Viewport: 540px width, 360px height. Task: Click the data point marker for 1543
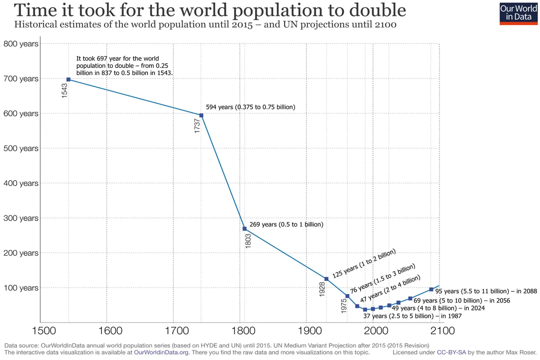coord(68,79)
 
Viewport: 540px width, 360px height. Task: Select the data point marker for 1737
coord(201,115)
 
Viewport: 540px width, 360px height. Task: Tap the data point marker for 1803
coord(244,229)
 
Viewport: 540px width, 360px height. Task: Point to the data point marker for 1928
coord(326,279)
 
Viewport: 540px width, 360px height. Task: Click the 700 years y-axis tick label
coord(21,78)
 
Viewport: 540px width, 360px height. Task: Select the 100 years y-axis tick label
coord(21,288)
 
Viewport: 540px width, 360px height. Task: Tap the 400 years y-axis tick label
coord(21,183)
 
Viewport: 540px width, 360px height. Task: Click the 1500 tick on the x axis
coord(41,330)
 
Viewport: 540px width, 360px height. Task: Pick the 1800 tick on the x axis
coord(241,330)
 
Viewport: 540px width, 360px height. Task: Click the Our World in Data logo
coord(518,13)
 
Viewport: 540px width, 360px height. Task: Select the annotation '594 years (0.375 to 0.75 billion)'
coord(250,107)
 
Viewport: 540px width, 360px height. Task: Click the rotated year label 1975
coord(344,306)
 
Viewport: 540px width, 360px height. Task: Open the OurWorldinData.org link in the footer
coord(161,352)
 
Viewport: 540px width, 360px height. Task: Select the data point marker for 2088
coord(431,289)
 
